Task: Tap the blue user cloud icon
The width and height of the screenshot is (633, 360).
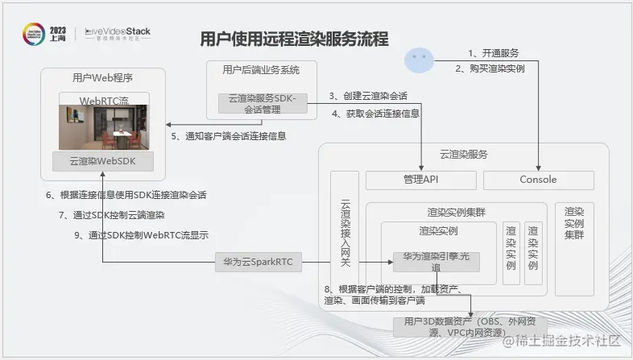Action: click(x=418, y=59)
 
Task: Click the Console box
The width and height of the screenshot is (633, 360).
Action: click(x=538, y=180)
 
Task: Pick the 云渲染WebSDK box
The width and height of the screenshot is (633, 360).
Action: click(x=104, y=160)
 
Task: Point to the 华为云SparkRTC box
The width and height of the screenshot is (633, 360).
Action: click(x=255, y=262)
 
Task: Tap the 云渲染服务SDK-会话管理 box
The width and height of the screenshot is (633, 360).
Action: click(x=263, y=104)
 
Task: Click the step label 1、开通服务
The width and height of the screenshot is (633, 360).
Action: click(x=493, y=53)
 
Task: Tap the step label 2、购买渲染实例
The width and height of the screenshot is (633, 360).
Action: click(x=490, y=68)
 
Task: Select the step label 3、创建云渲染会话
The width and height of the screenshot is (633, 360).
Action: click(x=369, y=96)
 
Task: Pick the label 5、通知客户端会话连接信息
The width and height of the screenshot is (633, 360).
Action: click(x=229, y=136)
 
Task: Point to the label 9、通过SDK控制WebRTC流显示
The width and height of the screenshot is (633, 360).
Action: click(x=141, y=236)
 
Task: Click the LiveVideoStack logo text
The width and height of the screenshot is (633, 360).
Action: click(x=118, y=32)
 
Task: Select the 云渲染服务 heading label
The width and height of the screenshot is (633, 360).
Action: click(x=462, y=154)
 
